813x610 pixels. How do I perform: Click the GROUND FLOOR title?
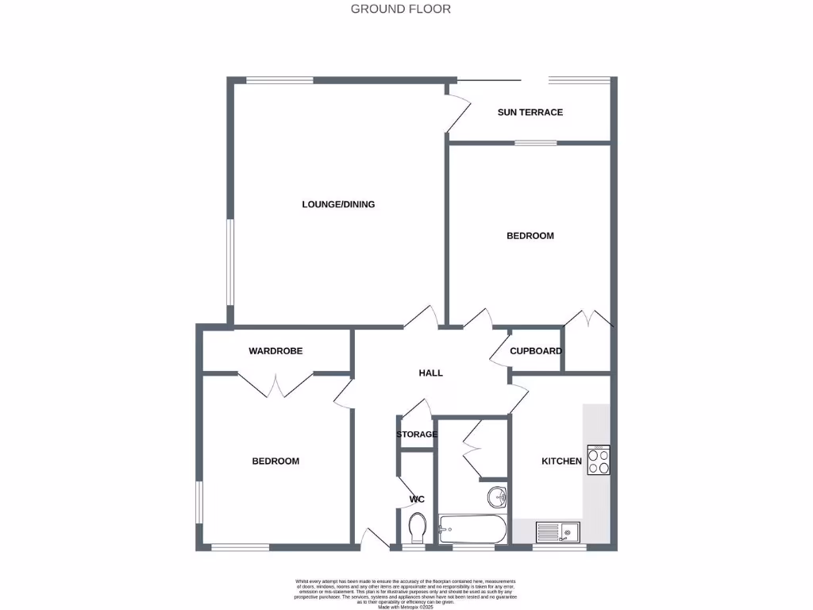click(400, 10)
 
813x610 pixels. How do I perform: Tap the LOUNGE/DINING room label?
click(338, 204)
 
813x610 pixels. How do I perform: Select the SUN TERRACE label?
click(530, 112)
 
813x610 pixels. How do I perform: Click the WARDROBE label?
click(275, 350)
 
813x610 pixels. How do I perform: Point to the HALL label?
click(430, 373)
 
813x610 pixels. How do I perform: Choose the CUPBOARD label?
click(536, 350)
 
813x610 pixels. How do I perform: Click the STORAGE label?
click(417, 434)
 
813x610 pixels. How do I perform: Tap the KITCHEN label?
click(561, 461)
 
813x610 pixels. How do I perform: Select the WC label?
click(417, 499)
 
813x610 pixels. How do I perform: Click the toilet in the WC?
click(417, 527)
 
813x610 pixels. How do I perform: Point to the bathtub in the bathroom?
click(472, 530)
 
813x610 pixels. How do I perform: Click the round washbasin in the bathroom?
click(498, 498)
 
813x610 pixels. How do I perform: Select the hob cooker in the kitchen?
click(599, 460)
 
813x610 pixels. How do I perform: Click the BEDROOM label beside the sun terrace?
click(530, 236)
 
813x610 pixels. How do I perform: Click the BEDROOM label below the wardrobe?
click(275, 461)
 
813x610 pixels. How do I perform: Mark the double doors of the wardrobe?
click(275, 384)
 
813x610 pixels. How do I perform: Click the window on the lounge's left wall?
click(229, 262)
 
